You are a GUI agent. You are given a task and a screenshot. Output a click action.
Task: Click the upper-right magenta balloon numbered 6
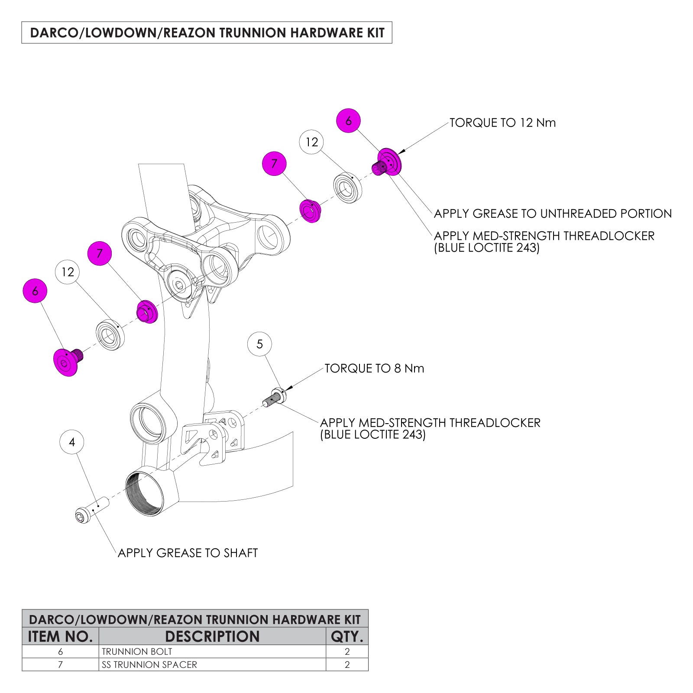(348, 121)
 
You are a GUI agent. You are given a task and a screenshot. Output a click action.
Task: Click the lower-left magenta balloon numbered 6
(35, 291)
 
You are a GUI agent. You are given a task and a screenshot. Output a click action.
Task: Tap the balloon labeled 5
(259, 344)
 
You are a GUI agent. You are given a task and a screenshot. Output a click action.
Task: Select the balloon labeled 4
(72, 442)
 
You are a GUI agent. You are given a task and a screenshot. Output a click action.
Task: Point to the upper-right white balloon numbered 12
(312, 142)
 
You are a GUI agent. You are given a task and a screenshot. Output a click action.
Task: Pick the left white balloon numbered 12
(68, 272)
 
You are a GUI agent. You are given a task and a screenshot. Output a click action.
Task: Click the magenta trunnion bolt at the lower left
(67, 362)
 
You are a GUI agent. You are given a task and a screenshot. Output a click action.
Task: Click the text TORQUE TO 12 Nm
(502, 123)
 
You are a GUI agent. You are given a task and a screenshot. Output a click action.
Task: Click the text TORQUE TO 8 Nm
(374, 369)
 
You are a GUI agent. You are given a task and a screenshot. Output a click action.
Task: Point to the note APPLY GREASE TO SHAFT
(188, 553)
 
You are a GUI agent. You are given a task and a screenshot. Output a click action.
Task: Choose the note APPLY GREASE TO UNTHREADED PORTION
(553, 214)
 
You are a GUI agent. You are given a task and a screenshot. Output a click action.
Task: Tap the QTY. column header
(346, 637)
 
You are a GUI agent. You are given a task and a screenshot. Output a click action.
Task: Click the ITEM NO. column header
(60, 637)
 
